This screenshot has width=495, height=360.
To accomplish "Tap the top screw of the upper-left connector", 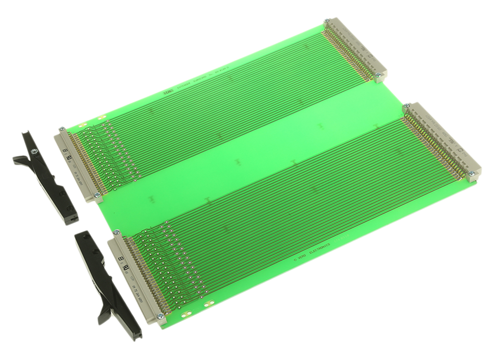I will point(62,129).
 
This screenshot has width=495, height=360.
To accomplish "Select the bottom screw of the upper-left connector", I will point(97,195).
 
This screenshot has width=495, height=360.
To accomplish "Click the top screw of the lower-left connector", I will point(116,232).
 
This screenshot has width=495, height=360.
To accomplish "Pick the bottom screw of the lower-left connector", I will point(160,315).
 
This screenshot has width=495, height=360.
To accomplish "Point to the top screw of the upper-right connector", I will point(327,20).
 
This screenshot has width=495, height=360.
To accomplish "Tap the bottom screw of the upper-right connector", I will point(377,75).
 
